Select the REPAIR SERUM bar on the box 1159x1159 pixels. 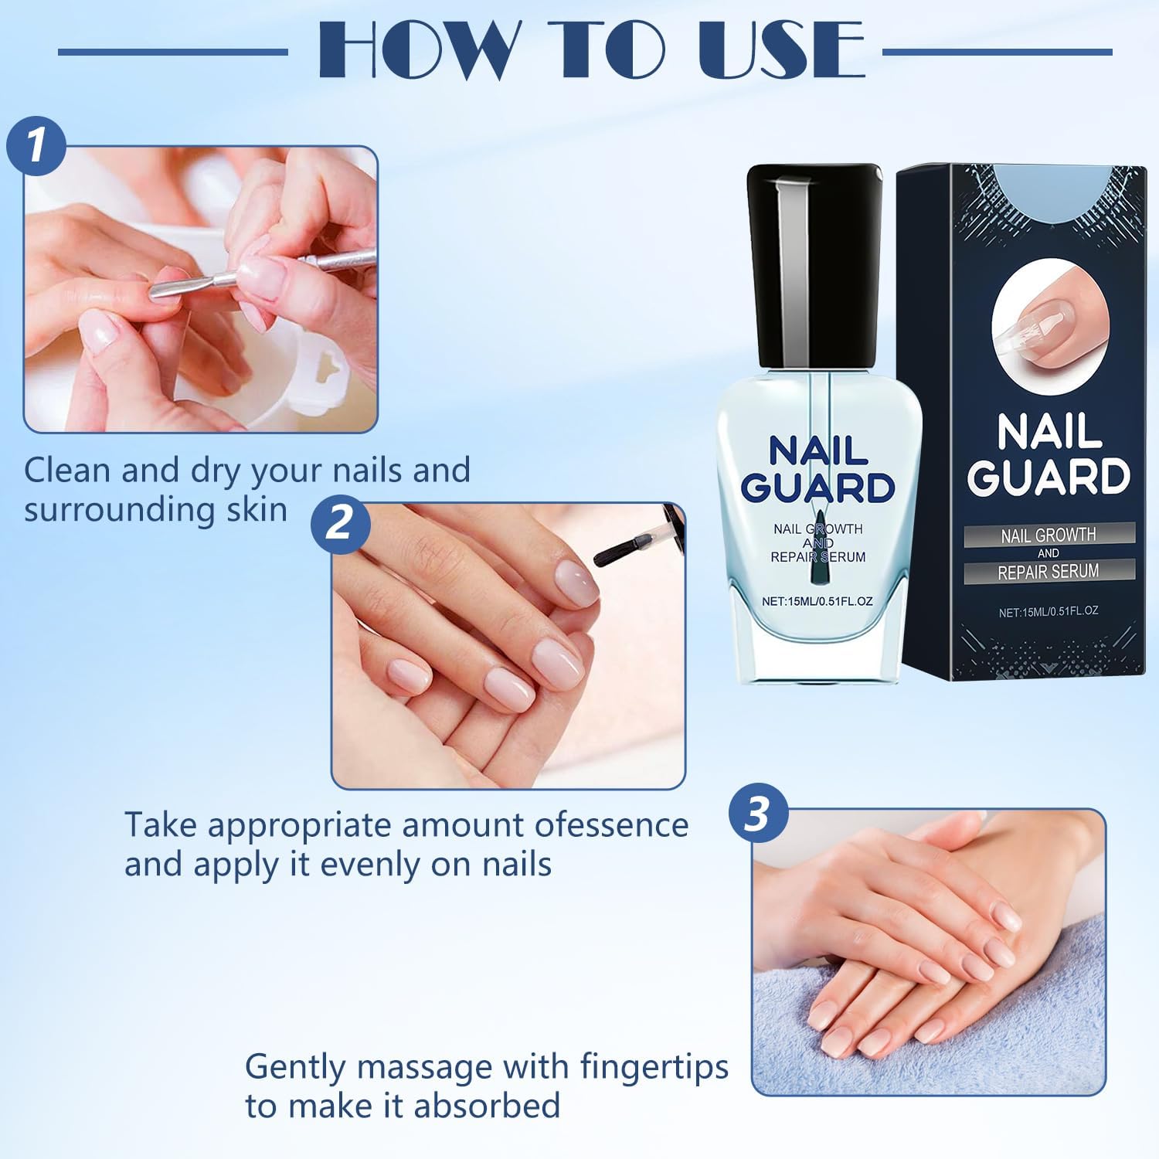pyautogui.click(x=1049, y=571)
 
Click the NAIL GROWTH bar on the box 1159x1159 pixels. pyautogui.click(x=1049, y=534)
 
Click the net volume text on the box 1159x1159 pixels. pyautogui.click(x=1049, y=611)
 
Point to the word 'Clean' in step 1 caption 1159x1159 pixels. pyautogui.click(x=67, y=470)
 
